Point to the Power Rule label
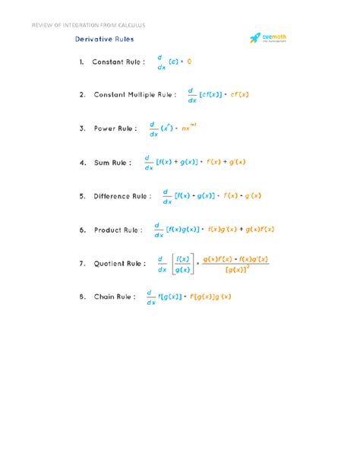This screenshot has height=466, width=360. (115, 128)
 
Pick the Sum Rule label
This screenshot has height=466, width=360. (112, 162)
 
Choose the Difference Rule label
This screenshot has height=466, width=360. (122, 195)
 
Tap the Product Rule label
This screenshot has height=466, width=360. (118, 230)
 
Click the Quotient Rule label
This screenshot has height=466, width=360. (120, 263)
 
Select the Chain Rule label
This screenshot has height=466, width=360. (115, 296)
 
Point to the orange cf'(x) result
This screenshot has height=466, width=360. (235, 95)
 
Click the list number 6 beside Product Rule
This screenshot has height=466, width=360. (81, 230)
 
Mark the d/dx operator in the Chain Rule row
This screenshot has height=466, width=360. (150, 296)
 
